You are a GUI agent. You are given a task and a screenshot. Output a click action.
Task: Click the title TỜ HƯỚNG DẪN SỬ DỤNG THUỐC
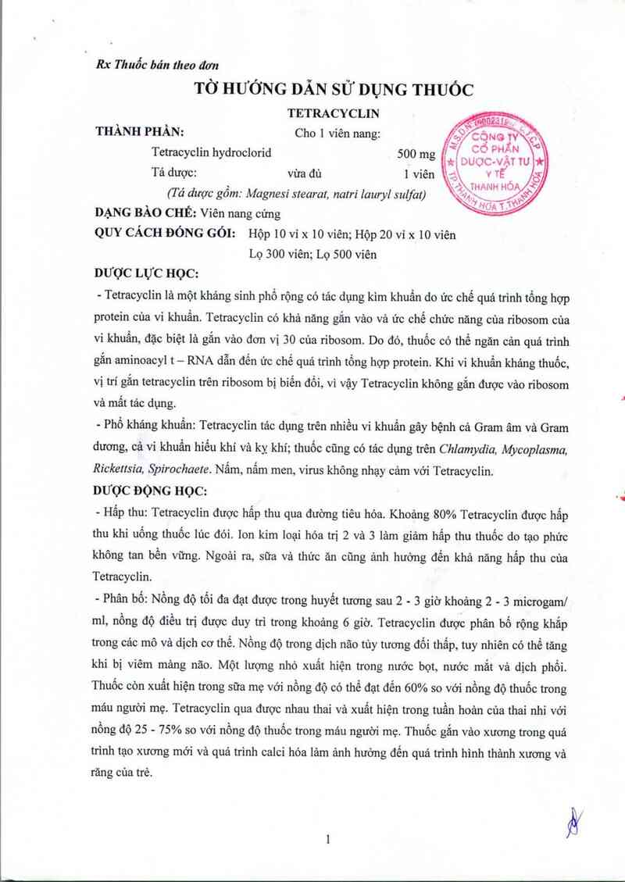pyautogui.click(x=334, y=89)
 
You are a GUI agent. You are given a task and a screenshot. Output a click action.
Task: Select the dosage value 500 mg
pyautogui.click(x=416, y=154)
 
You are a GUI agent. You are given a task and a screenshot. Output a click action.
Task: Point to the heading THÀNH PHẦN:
pyautogui.click(x=139, y=132)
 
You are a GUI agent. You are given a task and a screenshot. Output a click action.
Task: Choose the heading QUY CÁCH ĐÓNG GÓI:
pyautogui.click(x=165, y=234)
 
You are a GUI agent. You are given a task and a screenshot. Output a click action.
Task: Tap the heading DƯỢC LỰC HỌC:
pyautogui.click(x=146, y=273)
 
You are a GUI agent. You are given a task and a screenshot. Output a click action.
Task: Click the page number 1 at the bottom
pyautogui.click(x=328, y=840)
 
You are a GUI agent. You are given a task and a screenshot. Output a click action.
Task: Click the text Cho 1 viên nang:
pyautogui.click(x=337, y=133)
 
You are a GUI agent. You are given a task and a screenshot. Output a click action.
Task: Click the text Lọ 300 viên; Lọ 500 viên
pyautogui.click(x=312, y=254)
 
